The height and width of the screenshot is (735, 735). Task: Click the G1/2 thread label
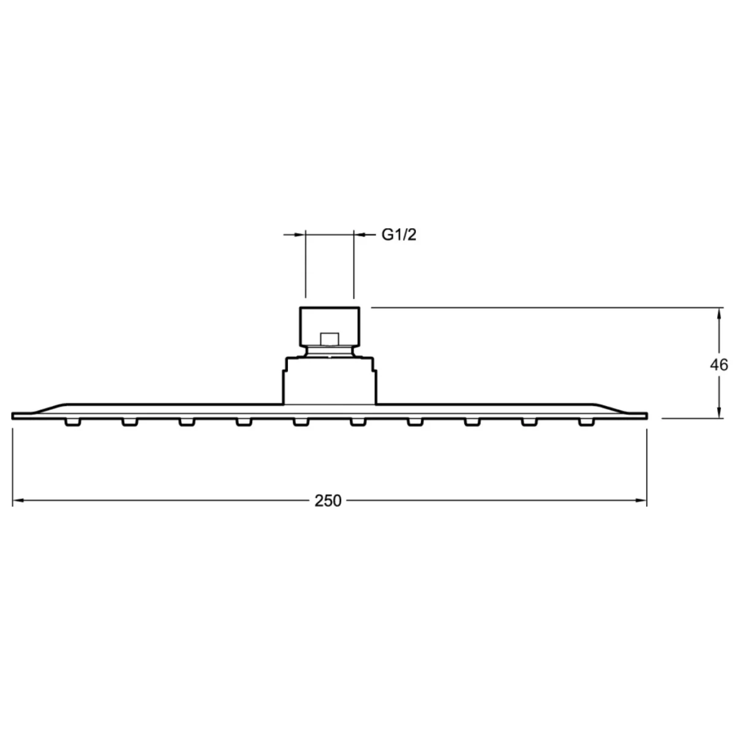pyautogui.click(x=399, y=235)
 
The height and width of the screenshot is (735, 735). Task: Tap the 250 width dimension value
pyautogui.click(x=328, y=501)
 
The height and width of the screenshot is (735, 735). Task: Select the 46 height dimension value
pyautogui.click(x=718, y=365)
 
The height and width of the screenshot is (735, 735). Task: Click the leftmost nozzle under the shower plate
pyautogui.click(x=73, y=422)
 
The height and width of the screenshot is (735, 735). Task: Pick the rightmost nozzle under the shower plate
pyautogui.click(x=587, y=422)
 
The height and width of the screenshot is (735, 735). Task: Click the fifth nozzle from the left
pyautogui.click(x=301, y=422)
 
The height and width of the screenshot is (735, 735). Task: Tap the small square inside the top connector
pyautogui.click(x=330, y=339)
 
